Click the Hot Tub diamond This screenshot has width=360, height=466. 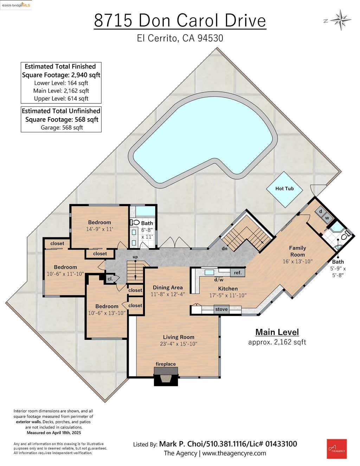pyautogui.click(x=284, y=189)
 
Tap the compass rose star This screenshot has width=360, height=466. pyautogui.click(x=341, y=20)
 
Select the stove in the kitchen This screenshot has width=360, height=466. pyautogui.click(x=221, y=309)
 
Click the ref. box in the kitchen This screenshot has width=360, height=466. pyautogui.click(x=237, y=273)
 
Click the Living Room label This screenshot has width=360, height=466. pyautogui.click(x=179, y=337)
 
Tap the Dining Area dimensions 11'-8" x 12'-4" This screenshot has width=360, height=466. pyautogui.click(x=168, y=294)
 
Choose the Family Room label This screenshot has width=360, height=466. pyautogui.click(x=297, y=251)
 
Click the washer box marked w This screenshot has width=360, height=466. pyautogui.click(x=327, y=218)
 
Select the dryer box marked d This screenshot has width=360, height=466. pyautogui.click(x=321, y=211)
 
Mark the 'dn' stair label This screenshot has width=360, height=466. pyautogui.click(x=224, y=249)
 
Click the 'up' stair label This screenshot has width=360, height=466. pyautogui.click(x=135, y=257)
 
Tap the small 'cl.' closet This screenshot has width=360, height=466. pyautogui.click(x=110, y=279)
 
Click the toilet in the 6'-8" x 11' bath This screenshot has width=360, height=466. pyautogui.click(x=135, y=222)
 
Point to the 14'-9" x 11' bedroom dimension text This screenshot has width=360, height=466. pyautogui.click(x=99, y=229)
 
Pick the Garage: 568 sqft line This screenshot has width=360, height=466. pyautogui.click(x=62, y=128)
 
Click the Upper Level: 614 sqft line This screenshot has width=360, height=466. pyautogui.click(x=61, y=98)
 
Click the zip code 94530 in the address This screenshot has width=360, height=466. pyautogui.click(x=210, y=38)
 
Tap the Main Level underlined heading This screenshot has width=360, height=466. pyautogui.click(x=277, y=332)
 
